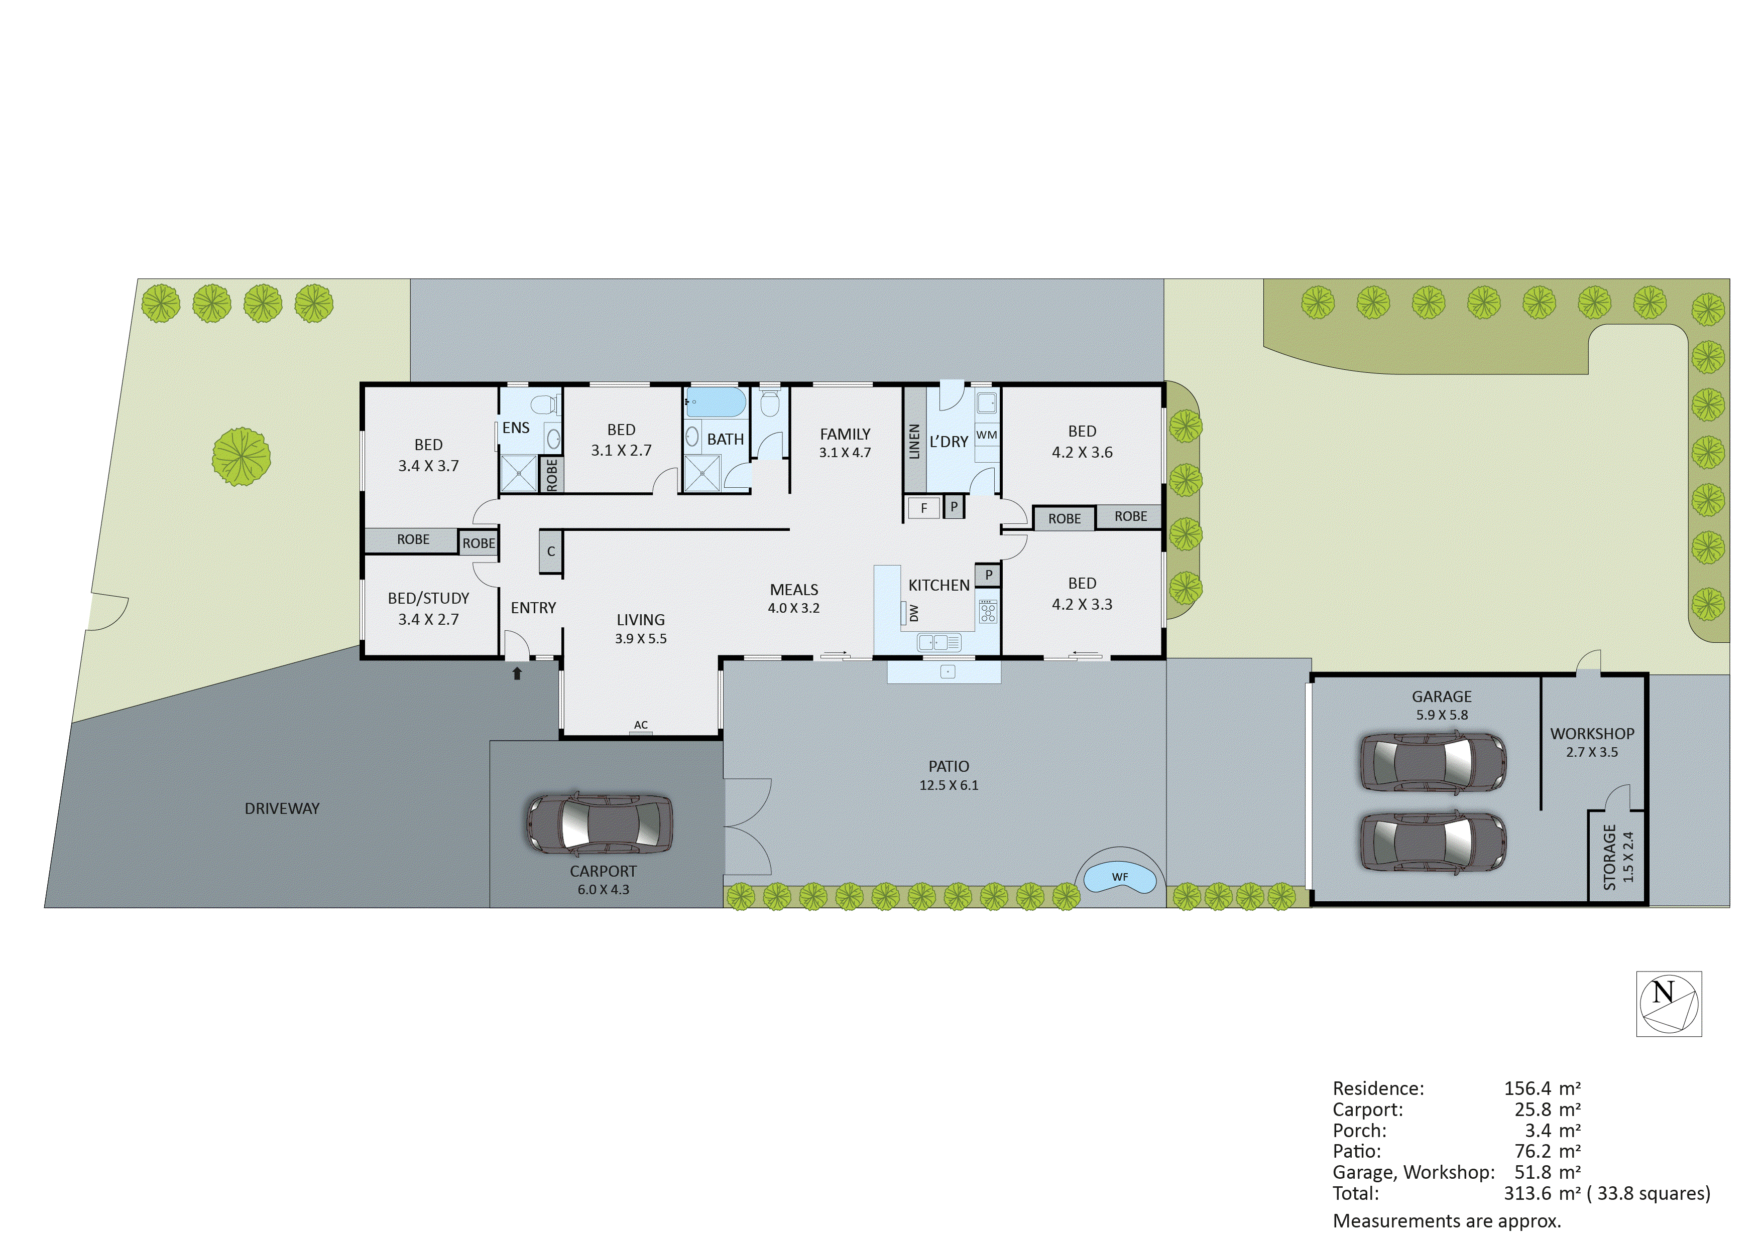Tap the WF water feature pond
pyautogui.click(x=1120, y=878)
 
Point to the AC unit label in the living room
pyautogui.click(x=641, y=725)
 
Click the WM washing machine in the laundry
pyautogui.click(x=987, y=435)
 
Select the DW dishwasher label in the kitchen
pyautogui.click(x=913, y=613)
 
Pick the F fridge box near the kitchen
pyautogui.click(x=923, y=508)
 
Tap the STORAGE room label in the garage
pyautogui.click(x=1609, y=857)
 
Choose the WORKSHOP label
pyautogui.click(x=1592, y=733)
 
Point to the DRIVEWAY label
pyautogui.click(x=282, y=808)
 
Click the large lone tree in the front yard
pyautogui.click(x=242, y=457)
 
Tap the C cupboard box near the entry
pyautogui.click(x=550, y=551)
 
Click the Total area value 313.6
pyautogui.click(x=1527, y=1194)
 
